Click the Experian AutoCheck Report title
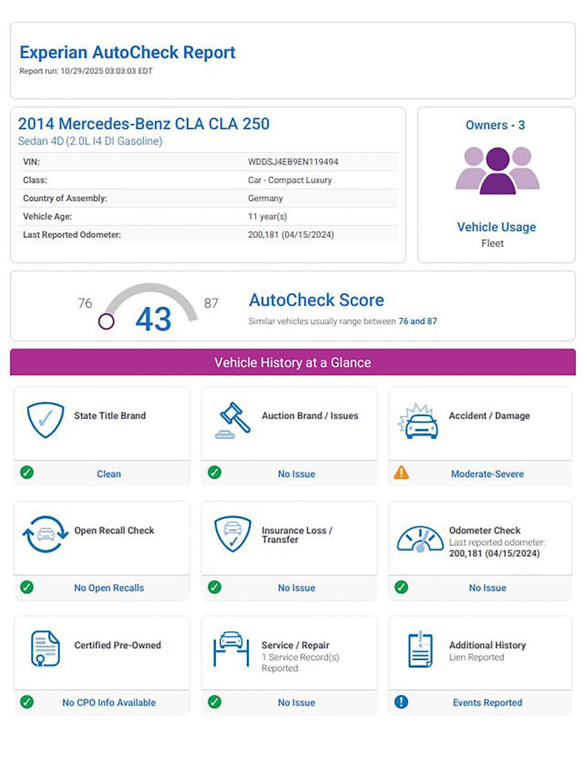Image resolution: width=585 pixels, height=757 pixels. (x=127, y=53)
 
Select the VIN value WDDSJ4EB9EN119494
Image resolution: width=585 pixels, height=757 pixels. (x=293, y=162)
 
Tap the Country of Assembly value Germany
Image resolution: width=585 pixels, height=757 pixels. (x=265, y=199)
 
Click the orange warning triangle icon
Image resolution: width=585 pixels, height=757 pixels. (x=401, y=473)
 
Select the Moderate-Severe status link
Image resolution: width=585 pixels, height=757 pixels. (x=487, y=474)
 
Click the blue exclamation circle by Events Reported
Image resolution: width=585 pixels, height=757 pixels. (x=401, y=702)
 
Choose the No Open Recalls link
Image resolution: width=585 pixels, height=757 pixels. (x=109, y=588)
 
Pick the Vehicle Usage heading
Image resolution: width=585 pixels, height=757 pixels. (x=496, y=227)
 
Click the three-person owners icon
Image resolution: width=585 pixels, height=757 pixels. (x=497, y=170)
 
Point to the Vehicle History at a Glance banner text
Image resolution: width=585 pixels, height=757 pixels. (x=292, y=362)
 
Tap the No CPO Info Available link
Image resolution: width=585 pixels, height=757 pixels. (x=109, y=702)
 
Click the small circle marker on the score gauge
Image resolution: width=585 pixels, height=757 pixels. (x=106, y=321)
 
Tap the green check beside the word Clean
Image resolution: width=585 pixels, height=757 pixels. (x=27, y=473)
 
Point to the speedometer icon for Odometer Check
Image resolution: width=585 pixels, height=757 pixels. (x=420, y=539)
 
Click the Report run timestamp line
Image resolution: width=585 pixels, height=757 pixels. (x=86, y=71)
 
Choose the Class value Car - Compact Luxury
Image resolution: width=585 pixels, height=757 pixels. (x=290, y=180)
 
